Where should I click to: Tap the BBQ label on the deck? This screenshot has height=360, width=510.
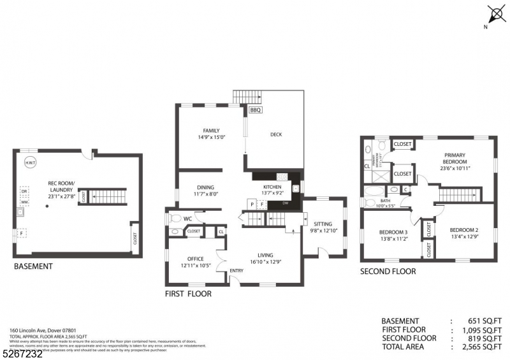tap(256, 110)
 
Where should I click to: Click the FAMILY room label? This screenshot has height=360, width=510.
tap(211, 131)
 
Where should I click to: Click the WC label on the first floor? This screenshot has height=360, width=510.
tap(188, 219)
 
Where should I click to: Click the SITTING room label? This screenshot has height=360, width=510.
tap(323, 224)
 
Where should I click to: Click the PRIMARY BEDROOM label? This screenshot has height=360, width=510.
tap(455, 158)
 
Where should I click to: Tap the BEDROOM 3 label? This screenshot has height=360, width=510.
tap(393, 232)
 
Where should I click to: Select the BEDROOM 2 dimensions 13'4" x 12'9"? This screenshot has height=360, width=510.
tap(463, 237)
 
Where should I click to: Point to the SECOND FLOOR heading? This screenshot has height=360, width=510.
tap(388, 271)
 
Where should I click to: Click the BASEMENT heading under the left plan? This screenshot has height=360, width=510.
tap(33, 266)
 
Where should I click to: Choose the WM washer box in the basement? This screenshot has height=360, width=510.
tap(24, 202)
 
